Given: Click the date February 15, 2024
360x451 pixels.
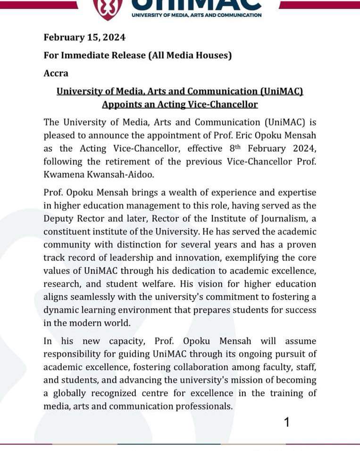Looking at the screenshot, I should [x=84, y=37].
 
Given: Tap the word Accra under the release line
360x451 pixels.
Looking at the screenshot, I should [x=56, y=73].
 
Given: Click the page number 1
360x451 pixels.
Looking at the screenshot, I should [x=286, y=422].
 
